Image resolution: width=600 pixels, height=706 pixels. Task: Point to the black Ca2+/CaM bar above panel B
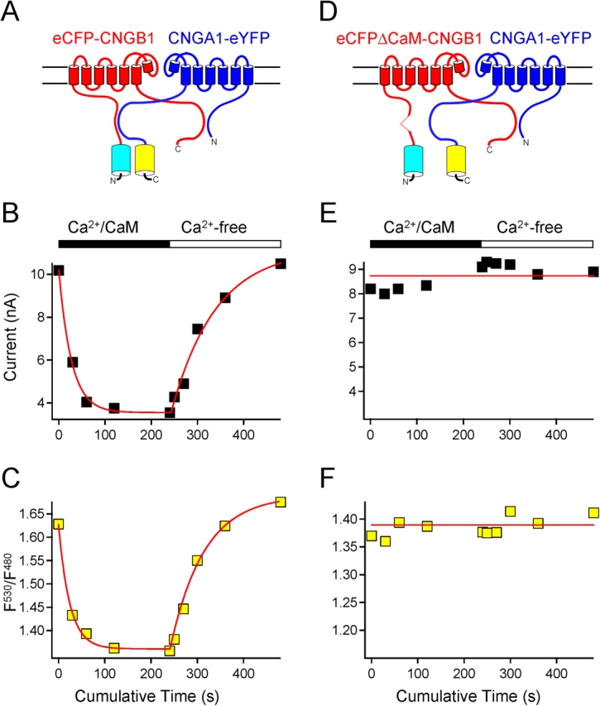(113, 243)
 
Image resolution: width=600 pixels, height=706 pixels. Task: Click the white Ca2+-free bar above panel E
(537, 243)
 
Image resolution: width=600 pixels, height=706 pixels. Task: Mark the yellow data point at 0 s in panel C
(58, 524)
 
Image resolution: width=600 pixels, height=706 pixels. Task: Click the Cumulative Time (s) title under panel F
(482, 692)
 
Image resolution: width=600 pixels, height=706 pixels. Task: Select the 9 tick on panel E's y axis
(356, 268)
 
